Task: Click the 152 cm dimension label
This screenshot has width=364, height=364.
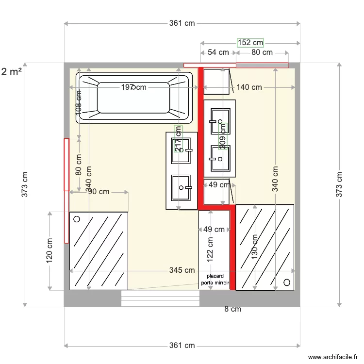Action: pos(250,43)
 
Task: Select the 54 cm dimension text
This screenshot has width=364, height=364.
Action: pos(218,52)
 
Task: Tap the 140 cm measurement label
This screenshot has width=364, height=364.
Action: pos(249,87)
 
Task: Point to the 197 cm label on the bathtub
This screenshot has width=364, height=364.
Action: pos(133,87)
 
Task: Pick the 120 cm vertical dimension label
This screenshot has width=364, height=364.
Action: pos(50,251)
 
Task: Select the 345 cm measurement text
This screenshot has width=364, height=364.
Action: pos(182,270)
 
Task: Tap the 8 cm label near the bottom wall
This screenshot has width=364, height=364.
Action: pos(232,309)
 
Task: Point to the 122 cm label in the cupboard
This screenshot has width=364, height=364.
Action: pos(210,249)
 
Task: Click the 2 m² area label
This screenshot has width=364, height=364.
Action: pos(12,72)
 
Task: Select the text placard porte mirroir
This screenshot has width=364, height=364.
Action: pos(214,279)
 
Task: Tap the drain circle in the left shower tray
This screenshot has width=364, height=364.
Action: pos(76,219)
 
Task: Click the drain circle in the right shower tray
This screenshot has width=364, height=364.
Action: pos(287,282)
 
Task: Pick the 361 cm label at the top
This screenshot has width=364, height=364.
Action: pos(182,23)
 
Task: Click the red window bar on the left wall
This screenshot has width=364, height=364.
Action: pos(66,190)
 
